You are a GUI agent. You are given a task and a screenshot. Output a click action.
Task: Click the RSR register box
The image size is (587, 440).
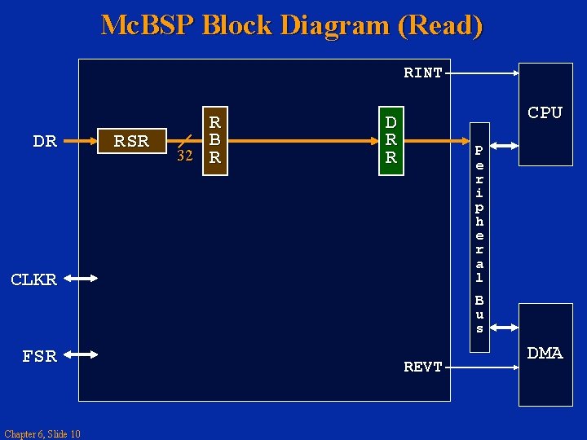coord(131,141)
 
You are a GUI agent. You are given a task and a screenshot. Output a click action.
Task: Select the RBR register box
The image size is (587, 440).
coord(215,139)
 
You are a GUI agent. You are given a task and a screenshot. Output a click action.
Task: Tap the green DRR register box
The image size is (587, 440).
coord(391,139)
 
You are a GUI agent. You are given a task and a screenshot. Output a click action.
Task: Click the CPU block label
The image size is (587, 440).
coord(545,113)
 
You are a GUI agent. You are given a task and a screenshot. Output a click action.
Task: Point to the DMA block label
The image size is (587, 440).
coord(545,353)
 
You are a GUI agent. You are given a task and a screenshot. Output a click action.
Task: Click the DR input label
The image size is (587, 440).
coord(45,141)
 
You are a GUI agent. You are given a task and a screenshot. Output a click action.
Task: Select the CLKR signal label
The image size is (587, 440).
coord(33,279)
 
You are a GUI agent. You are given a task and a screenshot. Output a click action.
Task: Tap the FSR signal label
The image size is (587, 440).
coord(39,356)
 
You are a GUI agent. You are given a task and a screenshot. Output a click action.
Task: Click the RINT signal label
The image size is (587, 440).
coord(423,73)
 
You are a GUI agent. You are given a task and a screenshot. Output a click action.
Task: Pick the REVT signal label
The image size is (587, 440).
coord(423,367)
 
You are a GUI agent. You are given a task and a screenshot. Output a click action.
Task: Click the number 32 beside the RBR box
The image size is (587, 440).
coord(185,156)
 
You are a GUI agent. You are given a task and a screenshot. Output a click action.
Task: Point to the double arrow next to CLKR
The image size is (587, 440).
coord(81,279)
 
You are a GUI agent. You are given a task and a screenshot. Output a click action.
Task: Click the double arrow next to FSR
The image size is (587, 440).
coord(81,354)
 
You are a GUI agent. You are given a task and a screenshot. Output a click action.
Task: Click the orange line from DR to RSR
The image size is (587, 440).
coord(77,141)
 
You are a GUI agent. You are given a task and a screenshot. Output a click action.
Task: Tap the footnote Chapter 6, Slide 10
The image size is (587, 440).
coord(42,433)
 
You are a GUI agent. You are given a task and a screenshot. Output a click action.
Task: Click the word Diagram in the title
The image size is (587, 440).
coord(336,25)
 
